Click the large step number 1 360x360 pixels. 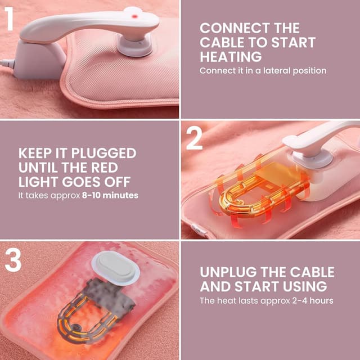pos(9,19)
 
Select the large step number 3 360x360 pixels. pos(13,260)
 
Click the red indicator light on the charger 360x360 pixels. pos(135,16)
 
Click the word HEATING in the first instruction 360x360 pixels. pos(231,56)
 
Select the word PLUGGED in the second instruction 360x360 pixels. pos(103,153)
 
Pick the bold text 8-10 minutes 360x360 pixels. pos(110,195)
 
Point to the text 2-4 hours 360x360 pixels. pos(313,300)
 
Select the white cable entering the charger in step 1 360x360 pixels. pos(7,64)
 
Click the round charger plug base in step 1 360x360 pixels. pos(135,46)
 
